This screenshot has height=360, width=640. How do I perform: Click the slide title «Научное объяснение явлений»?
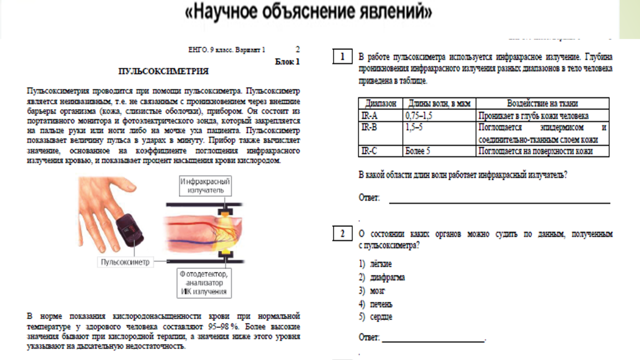click(308, 12)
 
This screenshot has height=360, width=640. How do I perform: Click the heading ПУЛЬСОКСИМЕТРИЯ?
click(163, 71)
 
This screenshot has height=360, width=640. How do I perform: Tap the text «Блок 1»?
click(287, 62)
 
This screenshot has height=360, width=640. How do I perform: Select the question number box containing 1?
click(342, 57)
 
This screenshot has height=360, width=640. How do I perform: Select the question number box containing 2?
click(342, 234)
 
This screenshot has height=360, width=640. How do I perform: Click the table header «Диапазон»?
click(381, 103)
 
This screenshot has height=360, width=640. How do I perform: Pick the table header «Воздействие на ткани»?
click(542, 103)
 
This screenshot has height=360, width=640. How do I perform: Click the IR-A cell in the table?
click(370, 116)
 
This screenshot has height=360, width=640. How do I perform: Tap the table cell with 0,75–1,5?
click(419, 116)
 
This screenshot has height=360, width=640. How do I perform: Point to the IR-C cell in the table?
click(370, 151)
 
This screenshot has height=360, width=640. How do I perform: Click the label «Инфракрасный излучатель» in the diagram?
click(205, 186)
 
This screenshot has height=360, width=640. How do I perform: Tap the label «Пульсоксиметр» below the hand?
click(125, 262)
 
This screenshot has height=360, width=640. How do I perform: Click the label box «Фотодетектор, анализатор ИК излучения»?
click(204, 283)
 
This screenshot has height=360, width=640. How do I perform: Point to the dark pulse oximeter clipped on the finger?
click(130, 230)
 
